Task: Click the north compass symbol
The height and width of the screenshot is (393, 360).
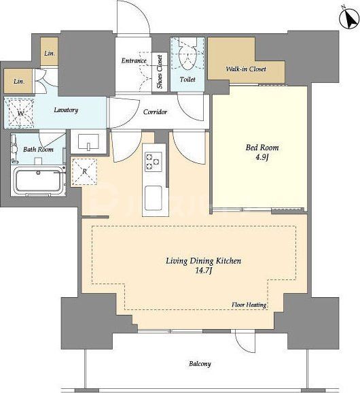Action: (349, 19)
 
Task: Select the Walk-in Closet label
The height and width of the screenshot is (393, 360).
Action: (246, 69)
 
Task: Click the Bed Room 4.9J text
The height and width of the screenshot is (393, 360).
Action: (262, 152)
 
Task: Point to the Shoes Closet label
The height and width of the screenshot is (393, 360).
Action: (160, 72)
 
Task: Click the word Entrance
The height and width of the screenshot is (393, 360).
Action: (134, 61)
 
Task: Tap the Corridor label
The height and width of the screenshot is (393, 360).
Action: (156, 112)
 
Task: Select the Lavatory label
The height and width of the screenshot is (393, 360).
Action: (66, 110)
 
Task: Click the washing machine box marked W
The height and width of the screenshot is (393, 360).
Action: (21, 113)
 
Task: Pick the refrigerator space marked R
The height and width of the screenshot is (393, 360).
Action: (84, 172)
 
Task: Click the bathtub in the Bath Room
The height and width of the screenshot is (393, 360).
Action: (39, 180)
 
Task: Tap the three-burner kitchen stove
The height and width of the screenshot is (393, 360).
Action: (153, 162)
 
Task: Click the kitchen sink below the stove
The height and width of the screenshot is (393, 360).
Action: (154, 198)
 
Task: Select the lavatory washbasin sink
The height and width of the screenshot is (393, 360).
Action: (88, 142)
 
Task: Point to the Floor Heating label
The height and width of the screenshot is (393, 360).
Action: (249, 305)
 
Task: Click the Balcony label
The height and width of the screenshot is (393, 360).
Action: (200, 364)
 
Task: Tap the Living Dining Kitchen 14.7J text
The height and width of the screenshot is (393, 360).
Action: (204, 265)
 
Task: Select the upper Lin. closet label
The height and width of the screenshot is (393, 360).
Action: (50, 54)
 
